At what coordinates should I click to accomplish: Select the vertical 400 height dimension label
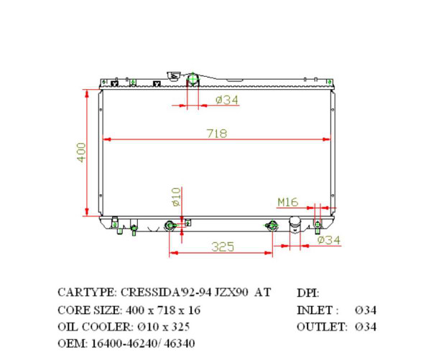81,152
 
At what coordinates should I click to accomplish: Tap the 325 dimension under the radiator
223,246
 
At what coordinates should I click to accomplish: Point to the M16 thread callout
288,202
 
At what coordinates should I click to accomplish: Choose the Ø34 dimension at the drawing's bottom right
328,240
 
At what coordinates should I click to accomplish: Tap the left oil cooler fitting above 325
170,226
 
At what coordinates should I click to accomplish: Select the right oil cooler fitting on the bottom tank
272,226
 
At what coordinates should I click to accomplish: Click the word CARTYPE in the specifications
86,292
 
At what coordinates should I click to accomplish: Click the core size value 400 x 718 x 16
163,310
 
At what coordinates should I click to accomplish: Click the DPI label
307,292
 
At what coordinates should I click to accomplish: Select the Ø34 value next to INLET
366,310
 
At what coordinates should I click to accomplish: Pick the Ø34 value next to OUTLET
366,327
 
